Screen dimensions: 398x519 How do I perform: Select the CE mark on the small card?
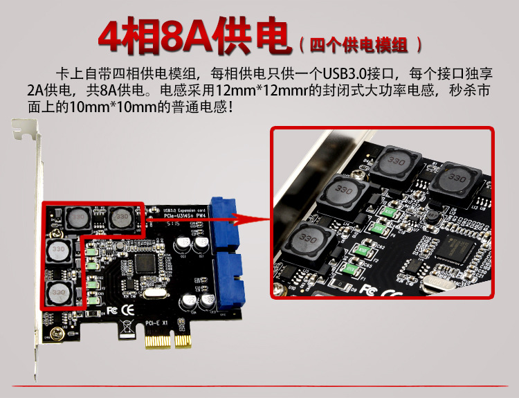coord(127,308)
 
